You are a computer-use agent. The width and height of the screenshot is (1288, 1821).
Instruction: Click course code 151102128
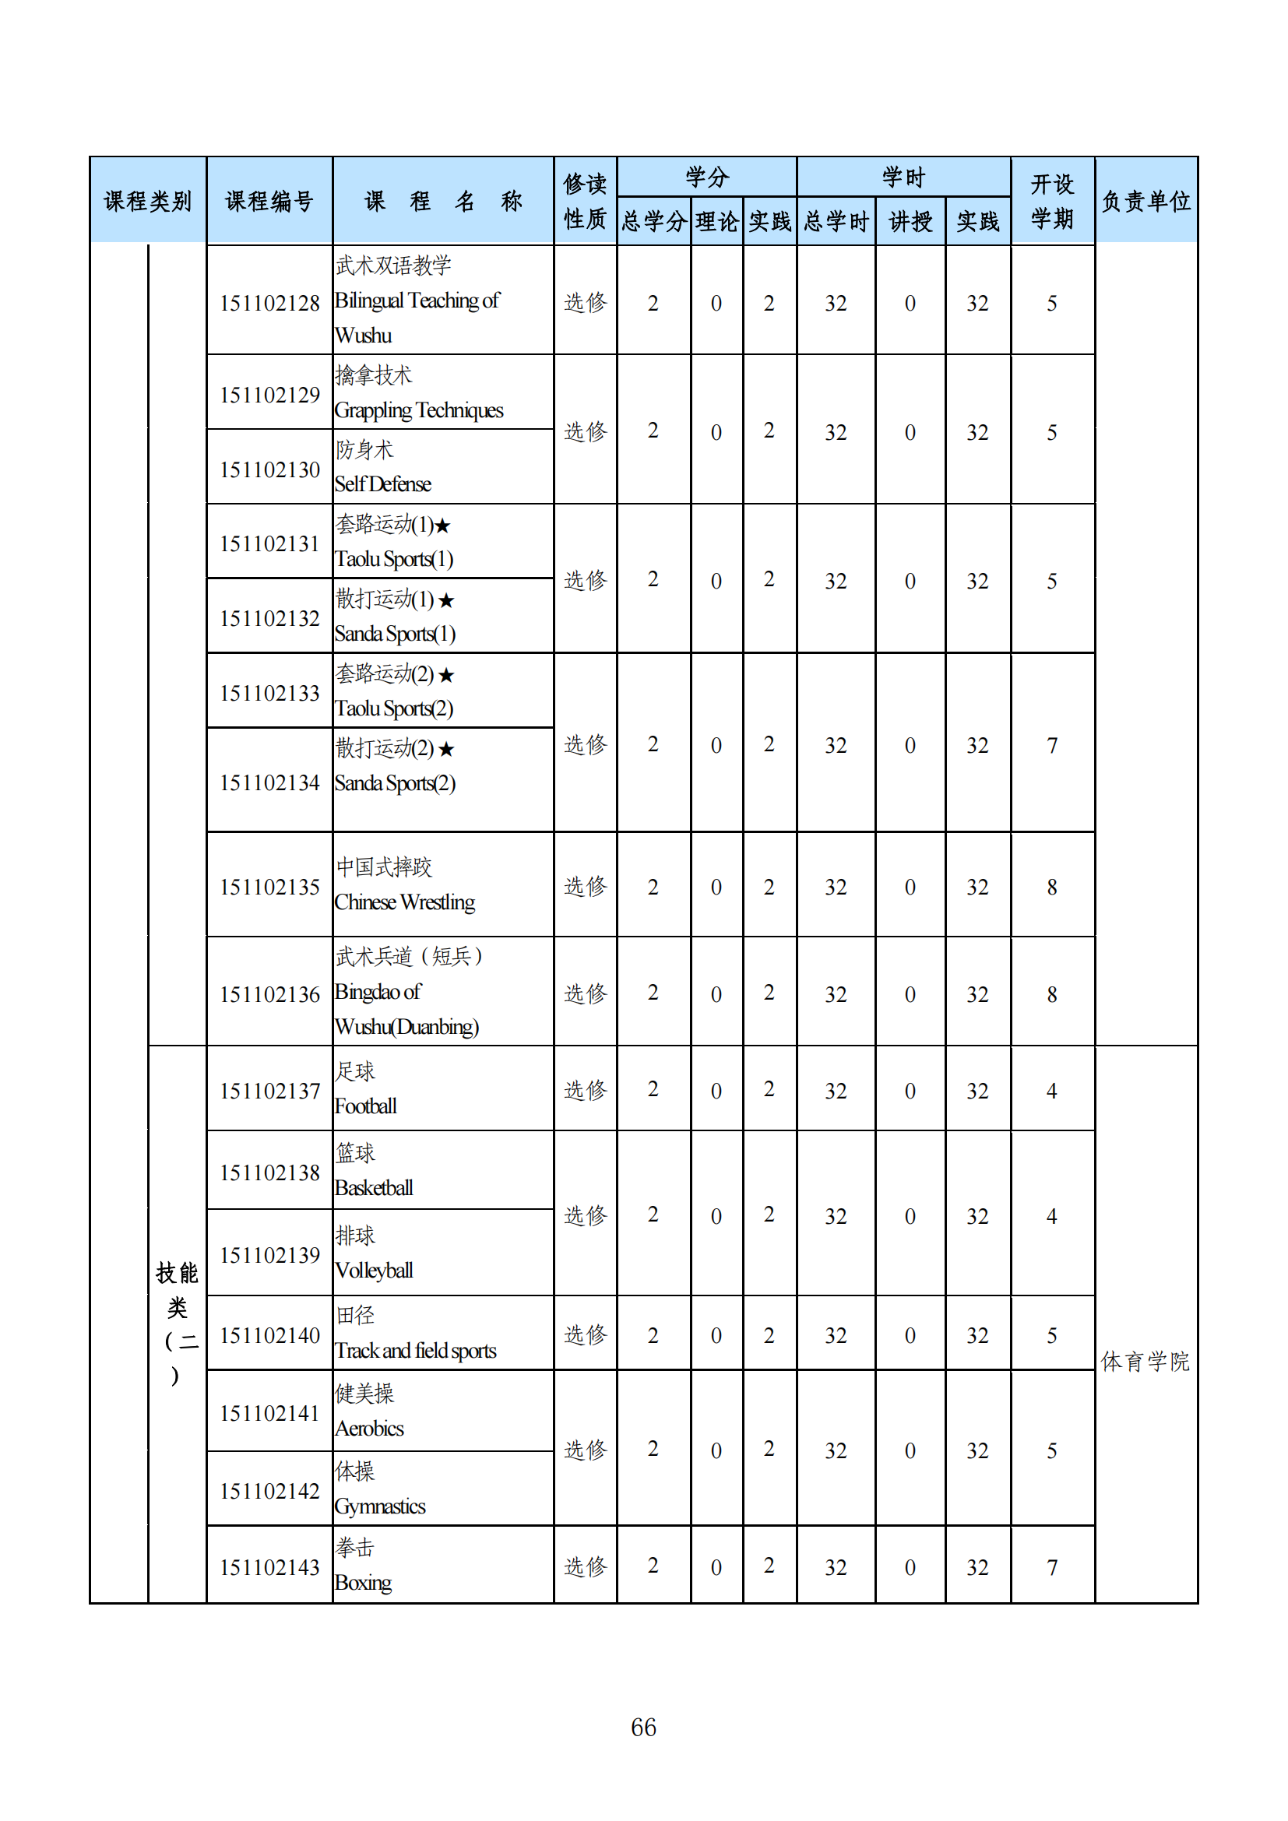269,303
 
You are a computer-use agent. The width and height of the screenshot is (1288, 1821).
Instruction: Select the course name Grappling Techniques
419,410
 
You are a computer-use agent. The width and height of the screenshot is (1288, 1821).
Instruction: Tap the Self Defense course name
383,483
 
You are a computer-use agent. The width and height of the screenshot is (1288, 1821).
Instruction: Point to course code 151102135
269,887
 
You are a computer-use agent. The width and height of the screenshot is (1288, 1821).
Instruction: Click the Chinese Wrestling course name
404,902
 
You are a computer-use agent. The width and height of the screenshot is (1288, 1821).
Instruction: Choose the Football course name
366,1106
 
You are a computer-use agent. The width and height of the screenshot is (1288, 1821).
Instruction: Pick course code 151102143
269,1567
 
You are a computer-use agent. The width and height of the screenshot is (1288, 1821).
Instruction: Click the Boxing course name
363,1583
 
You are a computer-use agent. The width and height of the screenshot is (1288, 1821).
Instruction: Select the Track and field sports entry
416,1351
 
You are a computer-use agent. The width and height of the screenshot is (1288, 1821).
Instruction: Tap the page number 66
643,1727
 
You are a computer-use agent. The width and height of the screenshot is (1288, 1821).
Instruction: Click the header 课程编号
269,202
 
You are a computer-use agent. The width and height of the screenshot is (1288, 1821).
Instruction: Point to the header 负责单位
1146,202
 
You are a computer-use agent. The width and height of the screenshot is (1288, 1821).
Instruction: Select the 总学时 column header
836,221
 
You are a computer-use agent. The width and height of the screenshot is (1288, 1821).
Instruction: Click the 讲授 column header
910,221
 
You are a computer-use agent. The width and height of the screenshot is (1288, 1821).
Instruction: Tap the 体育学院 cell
1145,1362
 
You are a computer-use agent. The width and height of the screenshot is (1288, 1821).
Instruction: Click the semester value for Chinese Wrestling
1051,887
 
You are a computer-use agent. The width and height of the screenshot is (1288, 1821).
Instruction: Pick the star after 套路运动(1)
442,525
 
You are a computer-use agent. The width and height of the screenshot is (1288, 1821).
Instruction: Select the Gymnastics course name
380,1507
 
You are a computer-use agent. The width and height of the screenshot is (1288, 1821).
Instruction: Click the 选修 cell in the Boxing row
586,1566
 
